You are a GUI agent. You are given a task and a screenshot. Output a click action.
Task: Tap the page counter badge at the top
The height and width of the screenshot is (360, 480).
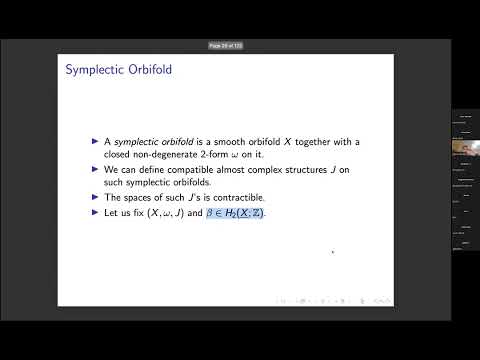coord(226,45)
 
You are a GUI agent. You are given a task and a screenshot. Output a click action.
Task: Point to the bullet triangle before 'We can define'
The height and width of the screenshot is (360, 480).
coord(95,171)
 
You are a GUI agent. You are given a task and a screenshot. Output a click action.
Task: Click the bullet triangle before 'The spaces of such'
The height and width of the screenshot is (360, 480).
coord(95,199)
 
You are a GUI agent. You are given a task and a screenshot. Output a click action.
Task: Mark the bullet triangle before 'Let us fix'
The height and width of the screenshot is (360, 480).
coord(95,214)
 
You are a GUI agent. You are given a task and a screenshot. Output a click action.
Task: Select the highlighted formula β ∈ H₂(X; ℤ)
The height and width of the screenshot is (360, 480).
coord(236,214)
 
